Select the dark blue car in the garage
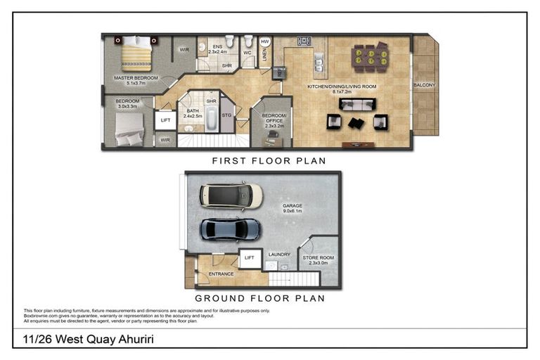pos(231,229)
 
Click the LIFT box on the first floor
pos(165,120)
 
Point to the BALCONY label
pos(424,85)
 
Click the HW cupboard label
pos(265,42)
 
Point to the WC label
pos(247,52)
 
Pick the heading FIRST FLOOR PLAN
pos(269,161)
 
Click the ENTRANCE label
pos(220,273)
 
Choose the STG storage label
pos(226,115)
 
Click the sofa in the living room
pos(356,104)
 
